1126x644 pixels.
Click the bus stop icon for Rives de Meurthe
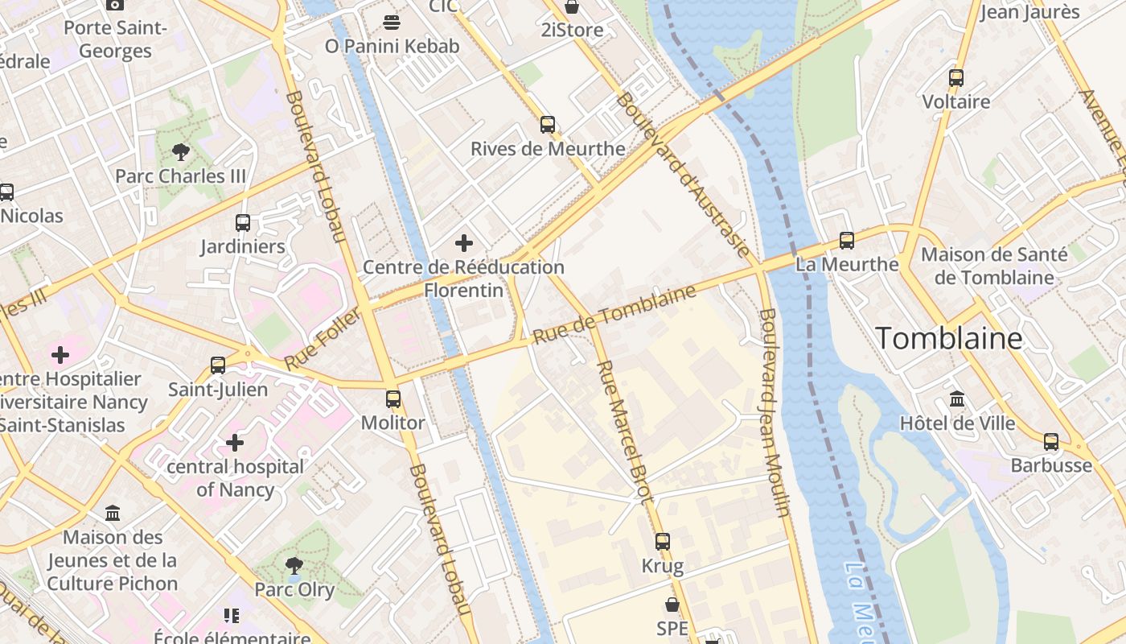click(548, 125)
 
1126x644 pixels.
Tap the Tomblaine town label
click(948, 338)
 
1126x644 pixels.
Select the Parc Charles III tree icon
click(181, 152)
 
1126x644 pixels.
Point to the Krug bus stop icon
click(663, 542)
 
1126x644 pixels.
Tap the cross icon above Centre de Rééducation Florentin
click(464, 242)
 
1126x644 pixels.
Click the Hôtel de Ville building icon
click(957, 399)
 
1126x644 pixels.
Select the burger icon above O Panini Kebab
click(392, 23)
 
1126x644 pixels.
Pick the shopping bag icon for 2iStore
click(572, 7)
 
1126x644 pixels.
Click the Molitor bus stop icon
click(393, 398)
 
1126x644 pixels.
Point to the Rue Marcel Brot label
click(624, 431)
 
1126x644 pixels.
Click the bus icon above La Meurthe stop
click(847, 240)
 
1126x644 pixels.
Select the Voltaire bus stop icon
click(956, 78)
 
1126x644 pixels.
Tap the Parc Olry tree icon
click(294, 566)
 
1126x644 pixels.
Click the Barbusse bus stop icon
click(1051, 441)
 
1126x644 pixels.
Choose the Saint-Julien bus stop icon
click(218, 365)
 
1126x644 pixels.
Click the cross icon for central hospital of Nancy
click(235, 443)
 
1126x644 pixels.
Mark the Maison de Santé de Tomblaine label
click(995, 266)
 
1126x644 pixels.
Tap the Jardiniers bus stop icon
click(243, 223)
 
